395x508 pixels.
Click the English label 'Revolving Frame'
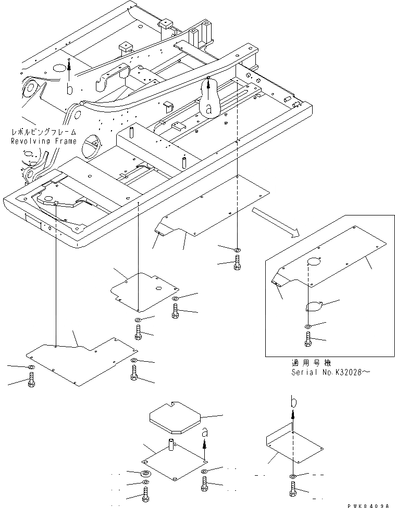[x=44, y=141]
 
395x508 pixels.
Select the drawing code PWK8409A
[x=371, y=504]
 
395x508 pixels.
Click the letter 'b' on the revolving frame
[x=70, y=90]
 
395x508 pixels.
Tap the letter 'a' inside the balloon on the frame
[x=209, y=108]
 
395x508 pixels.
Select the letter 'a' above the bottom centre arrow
[x=205, y=432]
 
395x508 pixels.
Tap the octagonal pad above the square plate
[x=175, y=420]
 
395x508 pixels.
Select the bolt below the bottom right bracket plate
[x=293, y=490]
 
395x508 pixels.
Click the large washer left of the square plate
[x=145, y=474]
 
